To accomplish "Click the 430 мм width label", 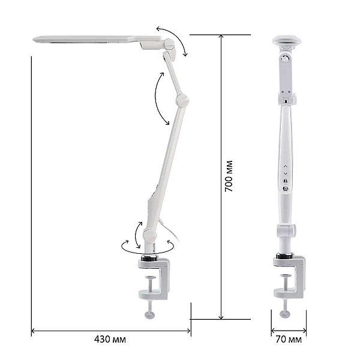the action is (110, 339).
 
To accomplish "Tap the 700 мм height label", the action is (229, 176).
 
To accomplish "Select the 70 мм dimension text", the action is (289, 340).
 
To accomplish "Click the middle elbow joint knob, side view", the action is (182, 100).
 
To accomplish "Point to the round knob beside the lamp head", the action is (169, 44).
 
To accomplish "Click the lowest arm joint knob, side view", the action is (150, 235).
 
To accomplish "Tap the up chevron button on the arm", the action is (286, 166).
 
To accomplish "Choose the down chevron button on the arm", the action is (286, 173).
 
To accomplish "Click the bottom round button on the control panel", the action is (286, 189).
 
